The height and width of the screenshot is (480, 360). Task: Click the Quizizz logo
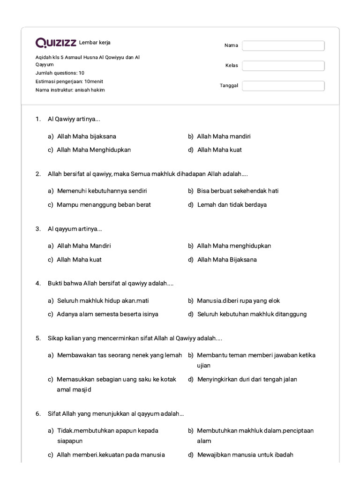pos(56,43)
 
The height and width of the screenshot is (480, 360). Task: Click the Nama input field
pos(283,45)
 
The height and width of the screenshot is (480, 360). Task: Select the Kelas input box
pos(283,66)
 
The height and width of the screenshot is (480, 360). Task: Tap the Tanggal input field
pos(283,86)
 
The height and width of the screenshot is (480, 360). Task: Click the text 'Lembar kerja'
pos(95,43)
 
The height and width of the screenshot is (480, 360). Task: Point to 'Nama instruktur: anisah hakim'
pos(70,90)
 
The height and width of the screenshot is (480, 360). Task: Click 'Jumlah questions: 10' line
pos(60,73)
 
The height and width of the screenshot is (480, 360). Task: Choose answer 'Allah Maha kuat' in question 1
pos(219,150)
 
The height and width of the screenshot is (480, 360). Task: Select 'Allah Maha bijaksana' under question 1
pos(86,136)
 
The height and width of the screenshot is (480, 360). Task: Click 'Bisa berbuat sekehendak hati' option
pos(238,191)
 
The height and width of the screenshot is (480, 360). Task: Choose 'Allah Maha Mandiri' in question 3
pos(84,246)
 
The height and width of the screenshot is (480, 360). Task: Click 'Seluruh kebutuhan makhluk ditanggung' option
pos(252,314)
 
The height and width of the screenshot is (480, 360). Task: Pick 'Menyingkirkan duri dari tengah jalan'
pos(247,379)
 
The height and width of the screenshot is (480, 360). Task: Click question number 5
pos(38,337)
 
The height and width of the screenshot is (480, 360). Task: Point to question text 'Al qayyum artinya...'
pos(75,229)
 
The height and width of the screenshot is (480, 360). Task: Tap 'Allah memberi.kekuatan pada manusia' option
pos(111,455)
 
